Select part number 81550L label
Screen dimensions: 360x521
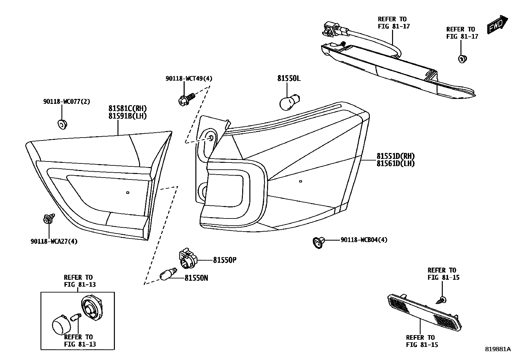(289, 79)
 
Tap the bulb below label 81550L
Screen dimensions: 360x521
(290, 102)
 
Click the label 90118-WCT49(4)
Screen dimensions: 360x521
(189, 79)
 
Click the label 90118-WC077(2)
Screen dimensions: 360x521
(66, 102)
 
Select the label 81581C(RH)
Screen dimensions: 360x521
(128, 108)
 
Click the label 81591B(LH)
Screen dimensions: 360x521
(128, 116)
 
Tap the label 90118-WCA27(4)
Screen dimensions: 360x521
(54, 242)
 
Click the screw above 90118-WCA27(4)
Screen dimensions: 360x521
(48, 218)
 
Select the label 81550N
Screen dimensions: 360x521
(196, 278)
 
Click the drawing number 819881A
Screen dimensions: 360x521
(498, 349)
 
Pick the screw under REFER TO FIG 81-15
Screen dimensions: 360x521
(441, 299)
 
